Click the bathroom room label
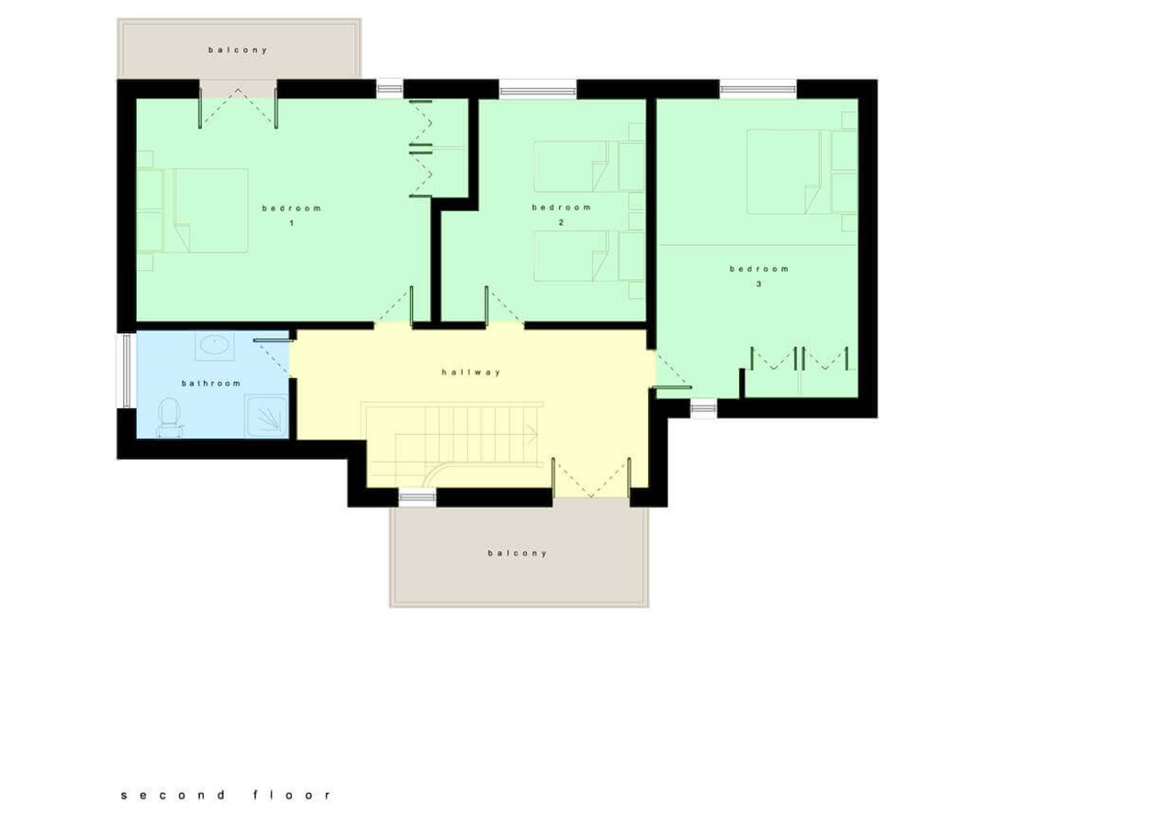(211, 384)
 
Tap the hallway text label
(471, 373)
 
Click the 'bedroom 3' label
(759, 275)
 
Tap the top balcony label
(238, 50)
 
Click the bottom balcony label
(518, 553)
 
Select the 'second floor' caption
(226, 795)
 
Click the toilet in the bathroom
(167, 418)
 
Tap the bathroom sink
(215, 345)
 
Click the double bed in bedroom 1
(202, 210)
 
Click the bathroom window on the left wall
(125, 370)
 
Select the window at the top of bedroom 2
(538, 90)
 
